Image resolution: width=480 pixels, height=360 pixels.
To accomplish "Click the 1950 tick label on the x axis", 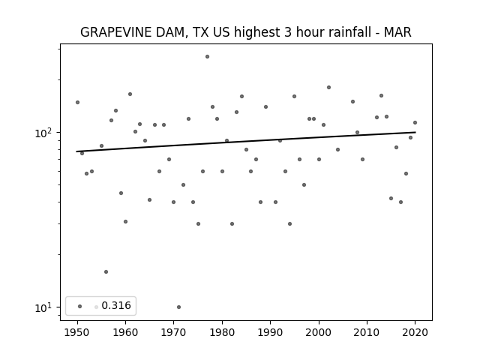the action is [77, 332].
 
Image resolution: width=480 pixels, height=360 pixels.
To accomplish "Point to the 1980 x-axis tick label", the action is [222, 332].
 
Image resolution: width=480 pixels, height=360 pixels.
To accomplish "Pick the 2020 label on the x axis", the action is [415, 332].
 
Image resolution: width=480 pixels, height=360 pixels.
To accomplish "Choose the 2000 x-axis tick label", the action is [319, 332].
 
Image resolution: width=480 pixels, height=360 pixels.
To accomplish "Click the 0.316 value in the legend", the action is [116, 305].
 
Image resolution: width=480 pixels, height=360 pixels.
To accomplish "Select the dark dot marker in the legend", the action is [80, 306].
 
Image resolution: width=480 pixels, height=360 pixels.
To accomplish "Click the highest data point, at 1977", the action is [207, 57].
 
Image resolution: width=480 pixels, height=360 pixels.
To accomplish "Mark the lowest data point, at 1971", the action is [178, 307].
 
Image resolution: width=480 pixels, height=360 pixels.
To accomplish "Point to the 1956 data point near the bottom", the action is [106, 271].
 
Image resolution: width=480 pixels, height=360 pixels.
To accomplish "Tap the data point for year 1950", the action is [77, 102].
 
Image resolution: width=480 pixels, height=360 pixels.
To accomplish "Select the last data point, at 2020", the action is [415, 123].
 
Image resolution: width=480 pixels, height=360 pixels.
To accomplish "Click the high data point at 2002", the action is [328, 87].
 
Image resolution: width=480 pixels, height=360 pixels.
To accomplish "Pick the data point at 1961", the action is [130, 94].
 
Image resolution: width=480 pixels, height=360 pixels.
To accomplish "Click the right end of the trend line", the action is [415, 132].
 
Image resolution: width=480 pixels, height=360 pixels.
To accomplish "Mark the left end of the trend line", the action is [76, 151].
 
